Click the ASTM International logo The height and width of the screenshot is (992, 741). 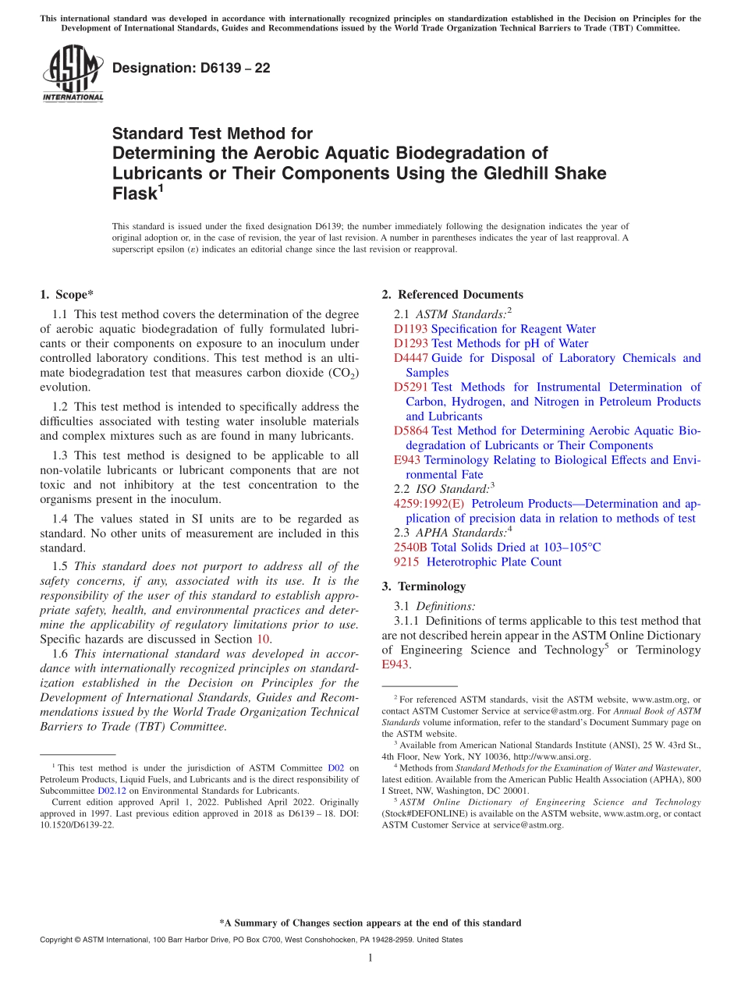[x=73, y=74]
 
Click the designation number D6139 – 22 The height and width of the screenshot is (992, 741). [x=191, y=68]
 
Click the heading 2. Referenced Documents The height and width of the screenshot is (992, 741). [x=452, y=295]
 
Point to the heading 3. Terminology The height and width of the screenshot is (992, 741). [x=424, y=586]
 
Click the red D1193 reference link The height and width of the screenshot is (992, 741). [x=410, y=329]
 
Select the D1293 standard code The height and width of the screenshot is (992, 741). [x=410, y=344]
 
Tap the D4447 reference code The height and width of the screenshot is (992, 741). [x=410, y=358]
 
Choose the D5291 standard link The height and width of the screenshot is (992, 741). [x=410, y=387]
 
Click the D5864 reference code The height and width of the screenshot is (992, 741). [x=410, y=430]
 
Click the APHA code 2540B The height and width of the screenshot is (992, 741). [x=410, y=547]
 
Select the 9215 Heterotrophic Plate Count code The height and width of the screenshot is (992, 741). [x=406, y=562]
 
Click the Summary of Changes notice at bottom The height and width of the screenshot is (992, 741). [x=370, y=923]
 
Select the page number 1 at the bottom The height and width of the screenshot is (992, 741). [x=370, y=958]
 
